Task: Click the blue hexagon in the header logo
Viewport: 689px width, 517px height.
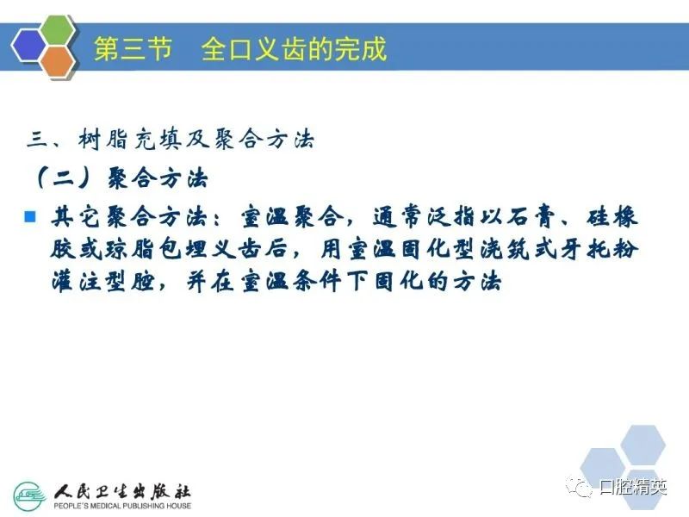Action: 28,46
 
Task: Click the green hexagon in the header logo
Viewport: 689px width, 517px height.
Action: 58,30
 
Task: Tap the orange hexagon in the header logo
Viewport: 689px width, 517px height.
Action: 58,62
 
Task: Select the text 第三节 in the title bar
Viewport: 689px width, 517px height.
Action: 133,48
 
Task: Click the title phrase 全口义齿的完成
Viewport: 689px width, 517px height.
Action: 294,48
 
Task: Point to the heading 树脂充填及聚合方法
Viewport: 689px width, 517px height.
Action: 196,140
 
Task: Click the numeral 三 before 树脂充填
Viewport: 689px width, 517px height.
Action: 38,140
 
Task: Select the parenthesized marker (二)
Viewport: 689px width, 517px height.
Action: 64,178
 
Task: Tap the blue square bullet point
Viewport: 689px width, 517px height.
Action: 30,217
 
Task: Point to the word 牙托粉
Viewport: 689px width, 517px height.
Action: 598,249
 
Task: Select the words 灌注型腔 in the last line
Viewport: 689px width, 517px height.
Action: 103,282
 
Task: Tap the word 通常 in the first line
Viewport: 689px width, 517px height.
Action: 398,217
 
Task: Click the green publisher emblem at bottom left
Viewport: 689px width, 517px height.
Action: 30,496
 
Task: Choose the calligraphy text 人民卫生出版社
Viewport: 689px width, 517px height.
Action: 122,491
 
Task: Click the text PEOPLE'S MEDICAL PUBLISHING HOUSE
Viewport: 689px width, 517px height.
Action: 122,506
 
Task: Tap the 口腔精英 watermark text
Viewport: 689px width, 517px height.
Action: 634,487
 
